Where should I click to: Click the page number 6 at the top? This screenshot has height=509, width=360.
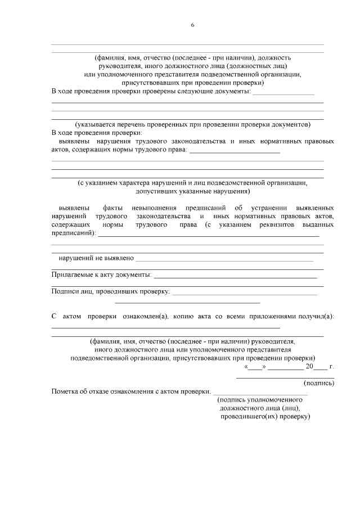tap(192, 25)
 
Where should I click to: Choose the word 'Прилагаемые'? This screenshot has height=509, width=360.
tap(72, 274)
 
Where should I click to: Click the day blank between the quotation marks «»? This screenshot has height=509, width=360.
tap(255, 367)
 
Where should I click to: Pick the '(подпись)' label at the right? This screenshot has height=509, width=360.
tap(319, 383)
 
